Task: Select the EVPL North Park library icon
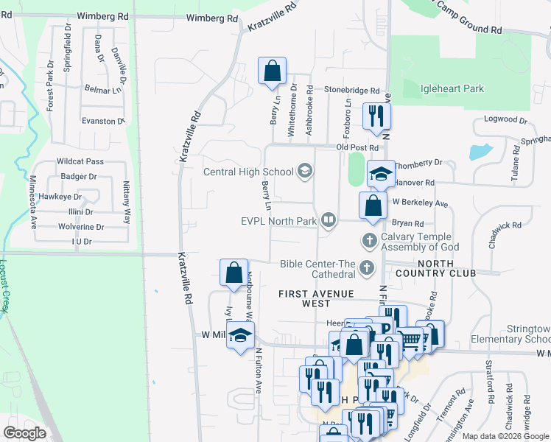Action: [x=329, y=220]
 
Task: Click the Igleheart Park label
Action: [x=452, y=88]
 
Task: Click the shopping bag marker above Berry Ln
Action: [x=272, y=71]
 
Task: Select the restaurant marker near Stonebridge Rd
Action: [x=376, y=116]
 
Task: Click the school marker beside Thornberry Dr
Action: [x=380, y=175]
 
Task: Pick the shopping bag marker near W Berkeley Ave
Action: [x=373, y=206]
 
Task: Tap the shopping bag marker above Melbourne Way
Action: [x=234, y=273]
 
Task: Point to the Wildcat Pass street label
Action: [x=80, y=161]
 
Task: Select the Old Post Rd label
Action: [x=357, y=148]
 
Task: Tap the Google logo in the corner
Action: [x=24, y=433]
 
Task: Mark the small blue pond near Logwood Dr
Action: [x=480, y=152]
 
